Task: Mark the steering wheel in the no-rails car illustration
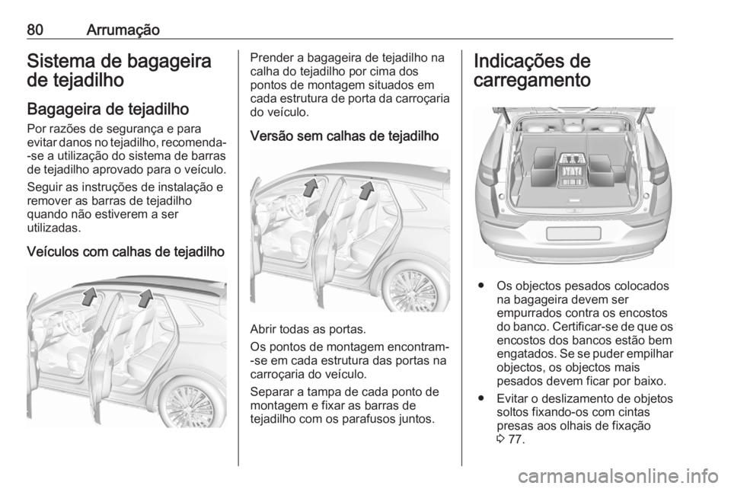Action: pyautogui.click(x=289, y=208)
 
